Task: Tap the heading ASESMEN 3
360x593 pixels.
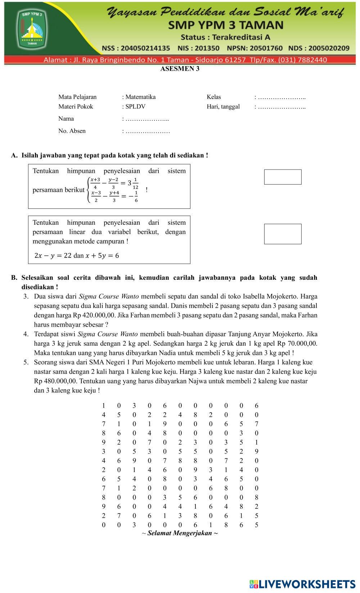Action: (180, 69)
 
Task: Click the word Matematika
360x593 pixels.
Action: (140, 97)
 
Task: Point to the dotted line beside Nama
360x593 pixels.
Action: (147, 119)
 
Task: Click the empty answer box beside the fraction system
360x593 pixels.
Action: (283, 177)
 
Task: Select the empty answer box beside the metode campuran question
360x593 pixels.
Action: (283, 234)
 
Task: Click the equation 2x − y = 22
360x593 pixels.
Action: (53, 256)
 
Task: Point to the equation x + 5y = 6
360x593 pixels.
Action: (102, 256)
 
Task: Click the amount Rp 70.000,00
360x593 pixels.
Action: (297, 343)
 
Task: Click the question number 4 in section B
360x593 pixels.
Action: (26, 334)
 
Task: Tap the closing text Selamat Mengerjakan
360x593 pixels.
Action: (180, 533)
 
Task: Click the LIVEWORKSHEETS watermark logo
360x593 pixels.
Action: (302, 584)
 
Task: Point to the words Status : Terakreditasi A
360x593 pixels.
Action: (225, 37)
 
